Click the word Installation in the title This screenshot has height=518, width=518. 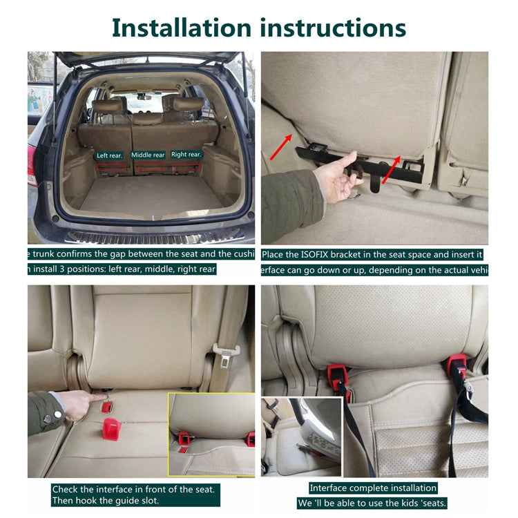pyautogui.click(x=182, y=28)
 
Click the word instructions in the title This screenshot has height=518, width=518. pyautogui.click(x=333, y=28)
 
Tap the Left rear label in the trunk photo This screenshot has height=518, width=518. pyautogui.click(x=109, y=155)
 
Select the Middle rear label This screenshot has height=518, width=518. pyautogui.click(x=148, y=155)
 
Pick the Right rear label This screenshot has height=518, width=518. pyautogui.click(x=186, y=155)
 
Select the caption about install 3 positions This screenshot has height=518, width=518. pyautogui.click(x=122, y=269)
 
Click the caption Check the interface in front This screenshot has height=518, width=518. pyautogui.click(x=136, y=489)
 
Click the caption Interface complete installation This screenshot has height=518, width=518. pyautogui.click(x=373, y=488)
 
